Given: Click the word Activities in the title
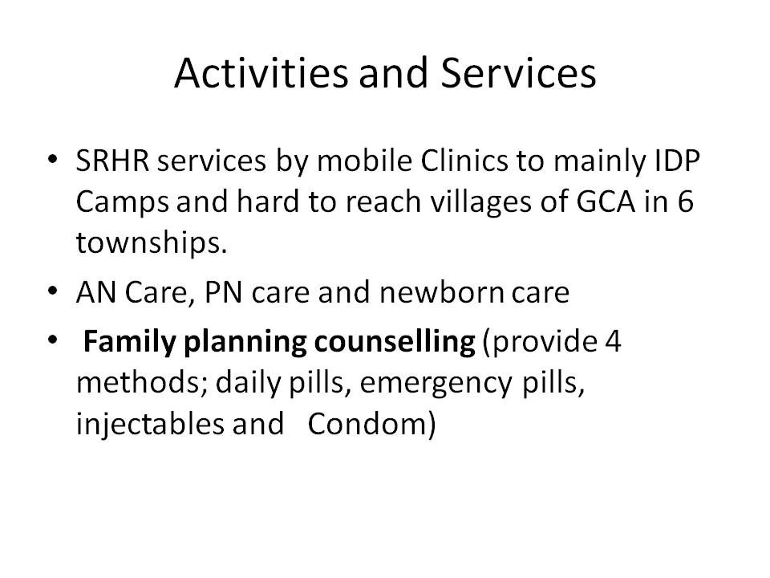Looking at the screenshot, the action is tap(261, 73).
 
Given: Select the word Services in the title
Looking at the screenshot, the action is tap(518, 73).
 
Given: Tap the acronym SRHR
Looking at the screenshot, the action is tap(112, 161).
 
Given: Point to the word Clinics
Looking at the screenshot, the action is tap(464, 161).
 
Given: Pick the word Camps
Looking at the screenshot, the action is tap(122, 202).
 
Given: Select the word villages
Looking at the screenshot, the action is tap(480, 201).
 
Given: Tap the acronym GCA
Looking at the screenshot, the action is tap(606, 201).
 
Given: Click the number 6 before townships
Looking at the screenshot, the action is tap(685, 201).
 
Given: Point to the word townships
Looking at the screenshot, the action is tap(152, 242).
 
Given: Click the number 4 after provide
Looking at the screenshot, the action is tap(613, 342).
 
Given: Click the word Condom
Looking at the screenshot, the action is tap(367, 424).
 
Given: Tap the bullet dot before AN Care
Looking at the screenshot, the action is tap(53, 291).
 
